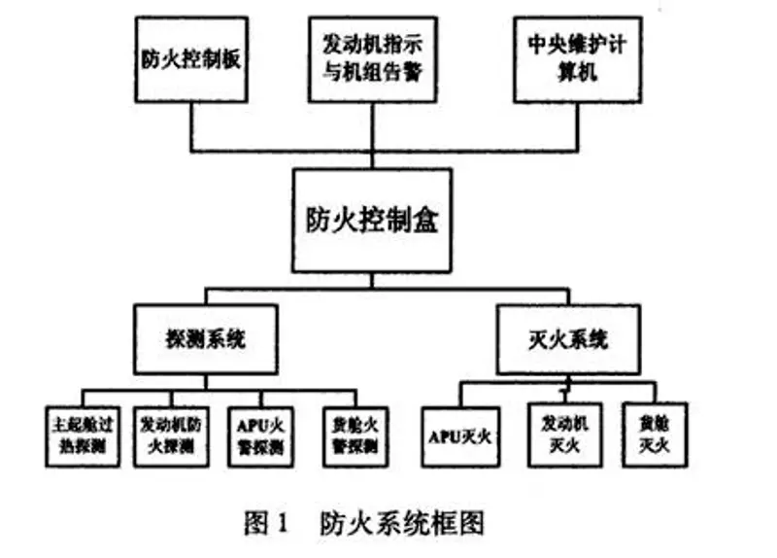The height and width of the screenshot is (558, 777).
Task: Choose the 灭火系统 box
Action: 568,339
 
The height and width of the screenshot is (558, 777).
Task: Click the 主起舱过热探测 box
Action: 82,435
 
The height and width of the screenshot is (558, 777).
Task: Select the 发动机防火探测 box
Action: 168,435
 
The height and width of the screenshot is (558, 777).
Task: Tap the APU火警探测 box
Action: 259,435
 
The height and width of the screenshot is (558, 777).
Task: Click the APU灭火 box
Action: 460,436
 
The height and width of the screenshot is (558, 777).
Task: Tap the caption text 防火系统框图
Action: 401,524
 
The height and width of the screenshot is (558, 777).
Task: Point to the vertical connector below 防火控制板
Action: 192,126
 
